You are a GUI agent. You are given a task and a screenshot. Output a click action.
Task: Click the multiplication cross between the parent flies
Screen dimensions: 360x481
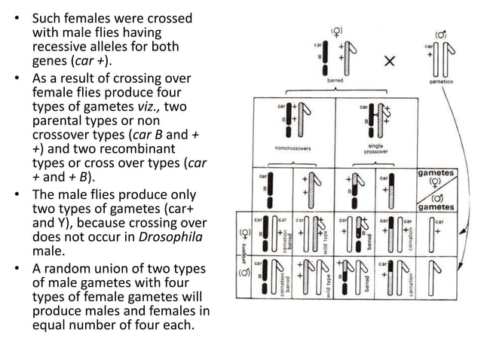click(x=389, y=62)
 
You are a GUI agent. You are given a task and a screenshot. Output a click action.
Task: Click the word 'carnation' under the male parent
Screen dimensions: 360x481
click(x=440, y=81)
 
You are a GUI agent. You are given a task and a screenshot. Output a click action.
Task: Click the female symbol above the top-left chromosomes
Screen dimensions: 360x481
click(x=336, y=30)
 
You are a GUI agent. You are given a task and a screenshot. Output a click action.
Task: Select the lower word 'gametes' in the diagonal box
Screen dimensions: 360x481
click(x=437, y=206)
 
